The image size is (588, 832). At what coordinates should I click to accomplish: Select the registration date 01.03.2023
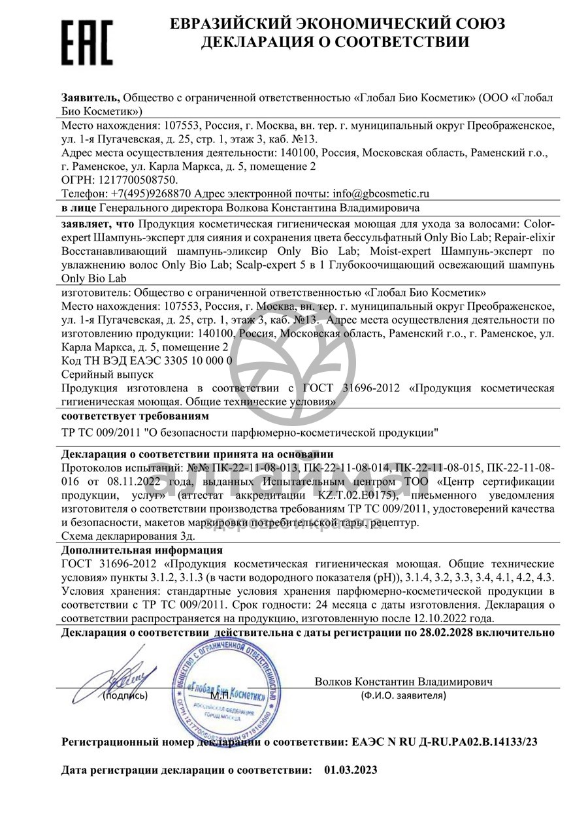tap(350, 770)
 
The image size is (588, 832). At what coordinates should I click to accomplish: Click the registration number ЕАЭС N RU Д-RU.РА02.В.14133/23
tap(445, 742)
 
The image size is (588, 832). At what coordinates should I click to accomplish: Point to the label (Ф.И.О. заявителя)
tap(403, 695)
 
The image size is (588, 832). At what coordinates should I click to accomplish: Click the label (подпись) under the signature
tap(125, 695)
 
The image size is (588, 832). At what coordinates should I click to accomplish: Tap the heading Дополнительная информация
tap(142, 550)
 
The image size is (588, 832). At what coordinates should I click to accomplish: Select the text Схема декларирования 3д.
tap(128, 536)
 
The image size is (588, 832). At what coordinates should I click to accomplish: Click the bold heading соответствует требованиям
tap(135, 416)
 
